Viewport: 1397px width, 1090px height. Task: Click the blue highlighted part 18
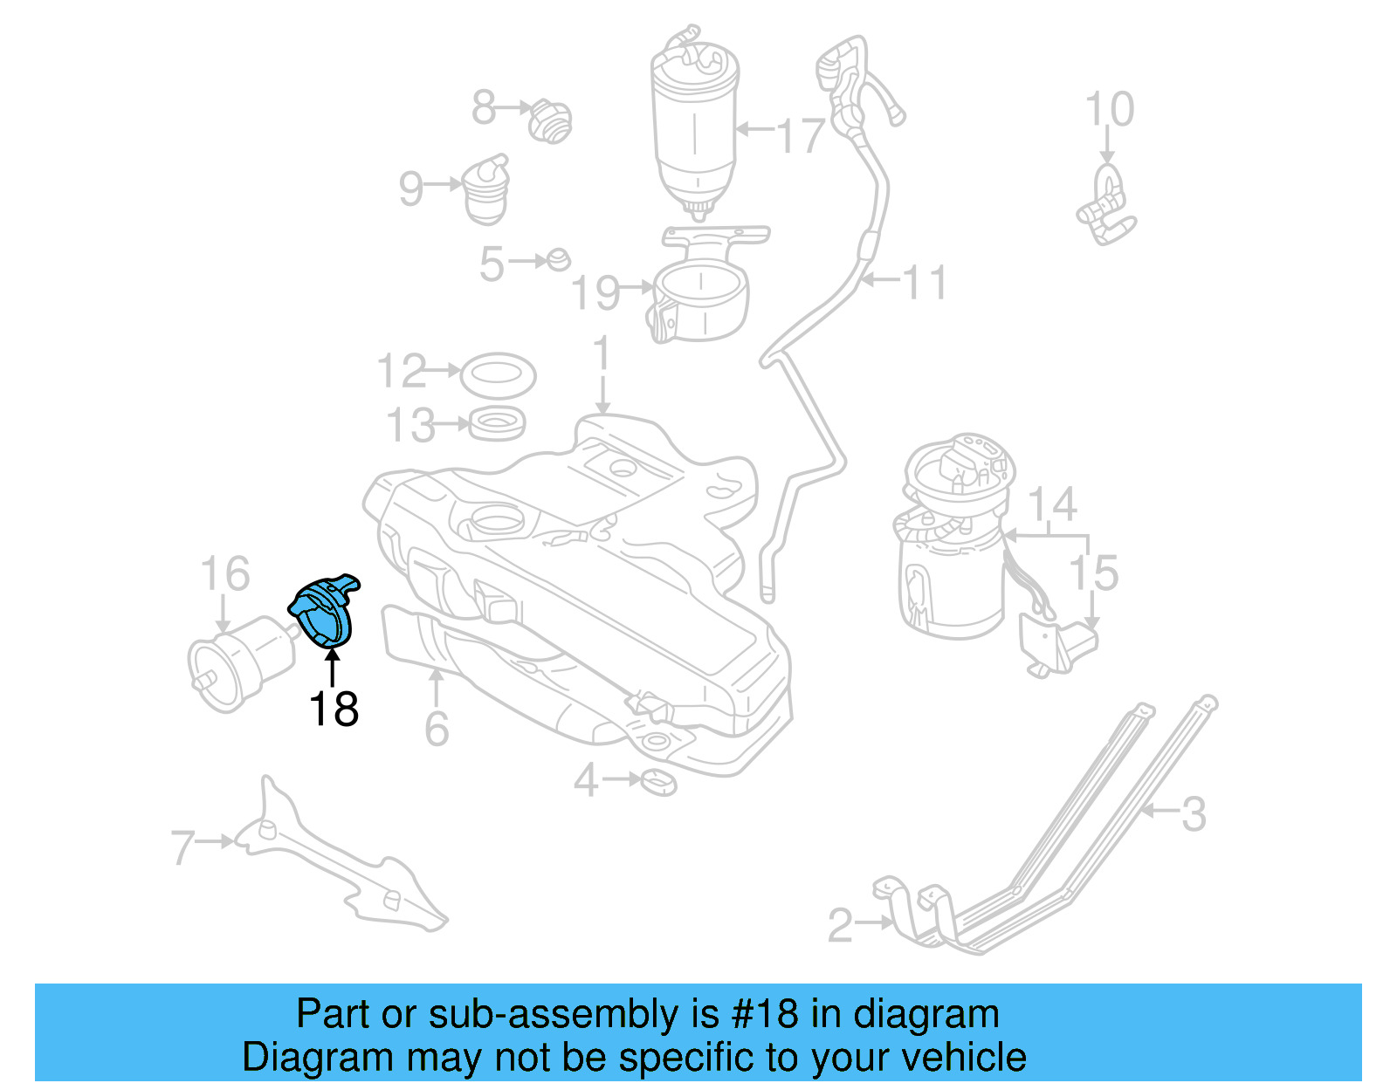323,613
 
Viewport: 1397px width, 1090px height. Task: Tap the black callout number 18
334,709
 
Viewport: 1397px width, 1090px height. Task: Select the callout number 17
801,135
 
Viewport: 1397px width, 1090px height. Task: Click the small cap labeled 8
550,121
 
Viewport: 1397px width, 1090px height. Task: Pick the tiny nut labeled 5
559,259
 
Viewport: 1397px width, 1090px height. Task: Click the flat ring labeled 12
497,374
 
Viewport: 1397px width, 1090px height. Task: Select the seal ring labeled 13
498,424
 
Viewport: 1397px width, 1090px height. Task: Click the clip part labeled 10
1106,208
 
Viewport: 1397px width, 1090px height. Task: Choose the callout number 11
924,283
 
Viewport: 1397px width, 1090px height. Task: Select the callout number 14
1052,504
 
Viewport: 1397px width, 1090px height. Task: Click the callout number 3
1194,813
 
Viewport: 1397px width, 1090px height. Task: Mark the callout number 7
182,847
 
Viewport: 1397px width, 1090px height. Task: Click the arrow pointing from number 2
874,922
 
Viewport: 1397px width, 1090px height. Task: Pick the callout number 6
437,729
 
